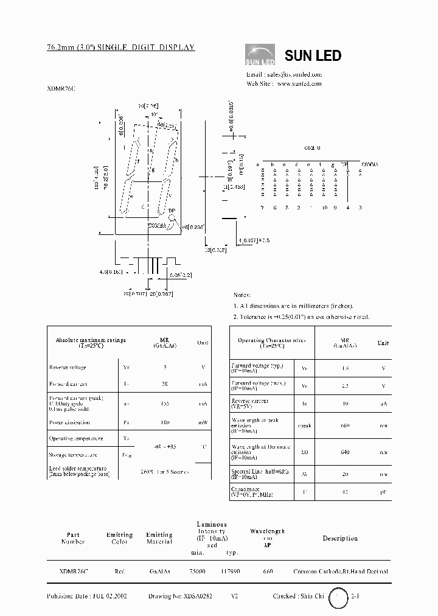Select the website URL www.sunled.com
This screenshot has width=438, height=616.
[x=299, y=83]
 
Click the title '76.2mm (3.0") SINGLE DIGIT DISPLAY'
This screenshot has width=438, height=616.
[x=120, y=47]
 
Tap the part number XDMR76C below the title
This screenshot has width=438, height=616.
[x=61, y=88]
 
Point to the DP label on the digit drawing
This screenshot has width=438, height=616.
[x=172, y=211]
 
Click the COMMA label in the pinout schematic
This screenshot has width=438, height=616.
[x=369, y=164]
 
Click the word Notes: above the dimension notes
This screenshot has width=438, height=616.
[x=243, y=294]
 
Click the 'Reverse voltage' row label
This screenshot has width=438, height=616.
[x=68, y=367]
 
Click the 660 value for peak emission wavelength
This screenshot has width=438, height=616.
[x=344, y=425]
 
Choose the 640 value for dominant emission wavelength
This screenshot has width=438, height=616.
[x=344, y=452]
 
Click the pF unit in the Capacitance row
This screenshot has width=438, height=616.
[x=383, y=492]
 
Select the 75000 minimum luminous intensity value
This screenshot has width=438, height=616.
[x=198, y=572]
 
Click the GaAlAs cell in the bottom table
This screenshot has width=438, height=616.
[x=159, y=572]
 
